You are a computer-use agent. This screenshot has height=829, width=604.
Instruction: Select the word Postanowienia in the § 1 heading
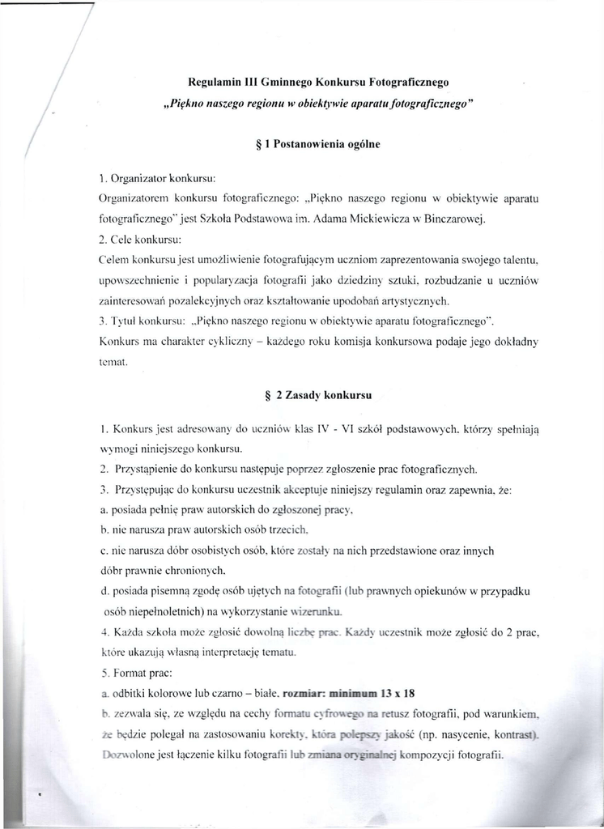tap(307, 144)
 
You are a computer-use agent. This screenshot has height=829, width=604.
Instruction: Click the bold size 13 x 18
tap(398, 694)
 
